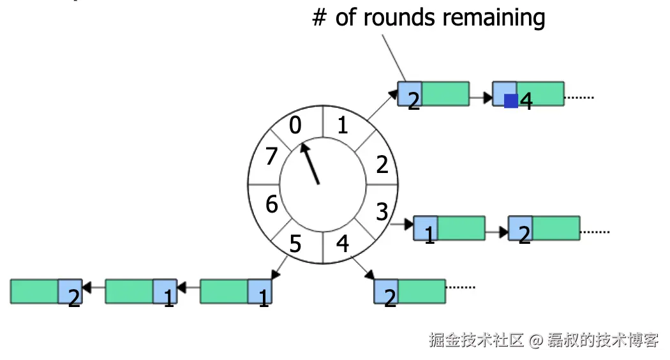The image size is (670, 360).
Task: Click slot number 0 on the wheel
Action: [x=295, y=126]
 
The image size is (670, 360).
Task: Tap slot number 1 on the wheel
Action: [x=343, y=126]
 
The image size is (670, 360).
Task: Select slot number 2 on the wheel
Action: [x=382, y=165]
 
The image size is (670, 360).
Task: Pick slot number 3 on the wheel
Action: [x=382, y=211]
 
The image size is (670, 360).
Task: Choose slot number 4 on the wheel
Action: [x=343, y=244]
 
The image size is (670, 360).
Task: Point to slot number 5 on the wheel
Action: [x=295, y=244]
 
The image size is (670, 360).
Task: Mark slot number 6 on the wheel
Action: [x=272, y=204]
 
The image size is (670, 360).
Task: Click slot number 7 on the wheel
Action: [x=272, y=155]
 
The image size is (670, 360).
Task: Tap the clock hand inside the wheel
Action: [x=311, y=164]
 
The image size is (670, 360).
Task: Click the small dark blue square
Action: [x=510, y=101]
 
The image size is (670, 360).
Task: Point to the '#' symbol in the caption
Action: [x=319, y=18]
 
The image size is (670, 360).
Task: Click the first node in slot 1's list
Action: [x=433, y=93]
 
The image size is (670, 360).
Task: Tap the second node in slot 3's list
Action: [x=544, y=228]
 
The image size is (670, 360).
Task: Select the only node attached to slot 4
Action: [x=410, y=290]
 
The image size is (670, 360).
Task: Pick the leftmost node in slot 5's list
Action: [x=47, y=291]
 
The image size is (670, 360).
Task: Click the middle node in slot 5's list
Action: [x=141, y=291]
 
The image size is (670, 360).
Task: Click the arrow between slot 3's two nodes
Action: [x=496, y=228]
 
